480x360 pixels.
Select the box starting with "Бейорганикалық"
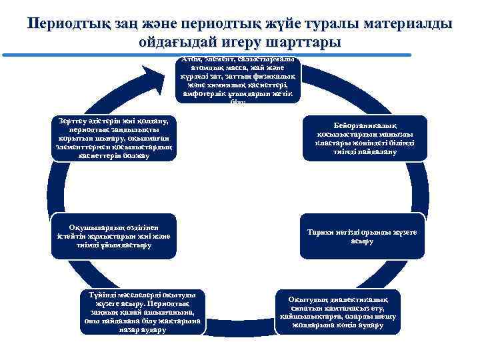click(364, 138)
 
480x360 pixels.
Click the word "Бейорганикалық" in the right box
click(365, 125)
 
